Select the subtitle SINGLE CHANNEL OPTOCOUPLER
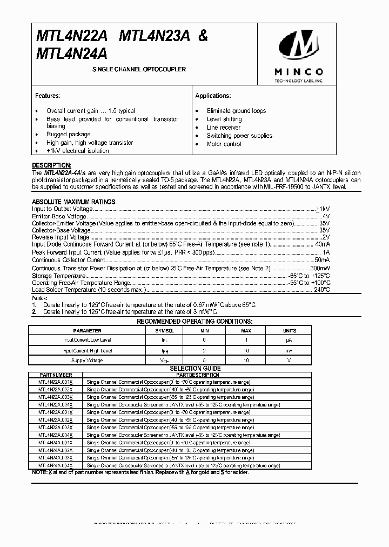pos(139,70)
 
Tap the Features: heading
pos(48,96)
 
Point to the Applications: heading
pos(213,96)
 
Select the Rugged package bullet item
pos(68,134)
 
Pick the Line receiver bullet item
pos(224,128)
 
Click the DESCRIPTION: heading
pos(51,165)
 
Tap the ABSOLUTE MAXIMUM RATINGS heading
pos(73,202)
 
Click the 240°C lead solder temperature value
pos(322,290)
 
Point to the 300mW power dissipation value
pos(318,268)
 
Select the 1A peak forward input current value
pos(326,252)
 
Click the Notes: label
pos(40,298)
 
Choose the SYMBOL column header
pos(165,330)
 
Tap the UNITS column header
pos(290,330)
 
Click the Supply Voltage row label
pos(87,360)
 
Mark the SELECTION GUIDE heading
pos(195,368)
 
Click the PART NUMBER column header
pos(56,375)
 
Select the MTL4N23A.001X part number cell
pos(56,412)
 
